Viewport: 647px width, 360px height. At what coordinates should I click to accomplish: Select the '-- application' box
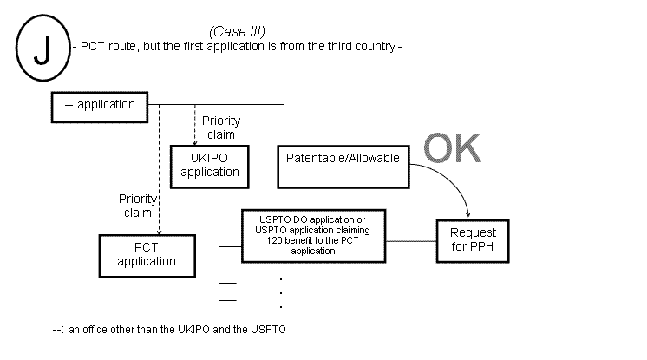100,106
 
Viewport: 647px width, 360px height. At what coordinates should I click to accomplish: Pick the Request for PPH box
473,239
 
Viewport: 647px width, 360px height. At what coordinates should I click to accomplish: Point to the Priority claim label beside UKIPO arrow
220,128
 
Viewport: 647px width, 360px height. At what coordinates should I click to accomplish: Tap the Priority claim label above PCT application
136,206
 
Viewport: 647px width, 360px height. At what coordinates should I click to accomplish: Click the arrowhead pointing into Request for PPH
470,214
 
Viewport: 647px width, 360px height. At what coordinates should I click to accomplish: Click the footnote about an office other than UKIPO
169,330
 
